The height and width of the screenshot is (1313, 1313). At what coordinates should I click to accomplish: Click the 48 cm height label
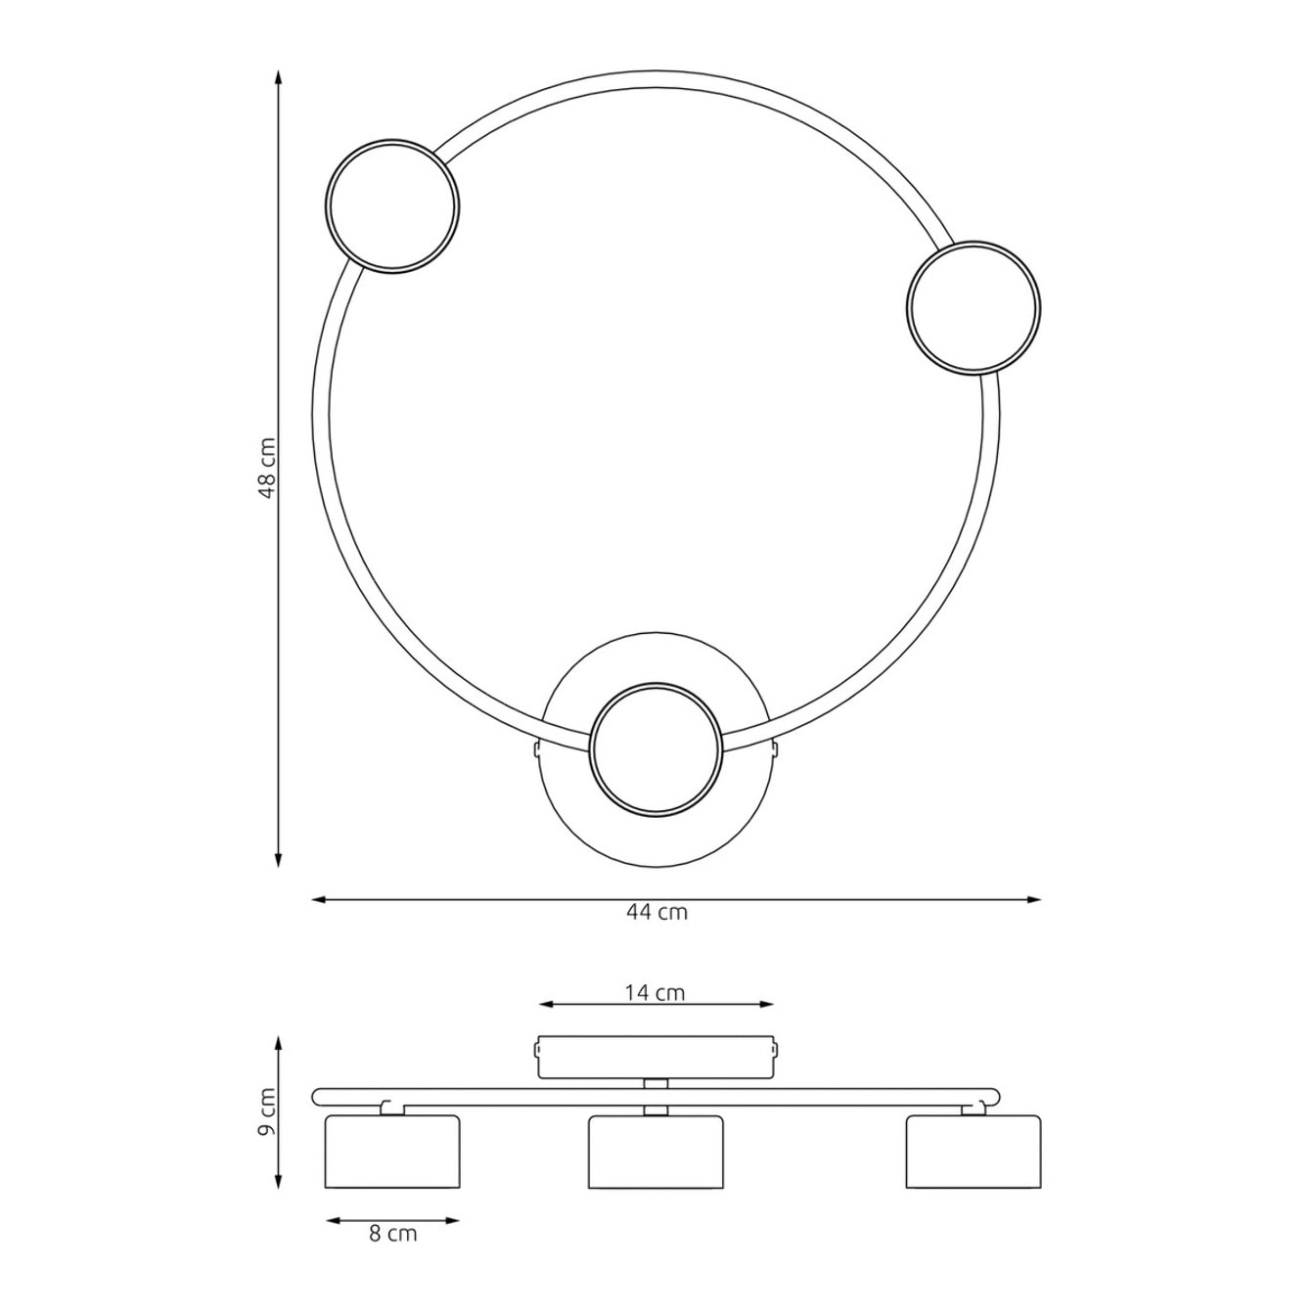coord(268,468)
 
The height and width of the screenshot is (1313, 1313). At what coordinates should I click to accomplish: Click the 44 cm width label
coord(656,913)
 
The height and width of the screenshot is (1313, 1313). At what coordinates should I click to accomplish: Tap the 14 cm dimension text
coord(655,1013)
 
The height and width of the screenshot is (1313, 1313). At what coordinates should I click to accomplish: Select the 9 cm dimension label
coord(268,1121)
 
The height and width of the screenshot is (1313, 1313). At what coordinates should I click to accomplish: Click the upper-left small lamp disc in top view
coord(391,207)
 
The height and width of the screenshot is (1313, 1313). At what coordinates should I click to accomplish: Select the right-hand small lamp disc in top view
coord(973,307)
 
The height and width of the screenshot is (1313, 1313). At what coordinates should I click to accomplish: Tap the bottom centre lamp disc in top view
coord(655,748)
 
